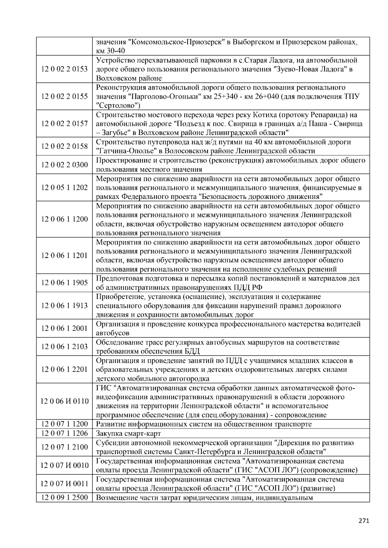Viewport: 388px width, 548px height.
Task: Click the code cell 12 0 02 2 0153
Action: coord(64,69)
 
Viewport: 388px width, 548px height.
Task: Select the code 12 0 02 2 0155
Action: coord(64,97)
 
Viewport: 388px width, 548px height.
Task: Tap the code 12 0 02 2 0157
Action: coord(64,124)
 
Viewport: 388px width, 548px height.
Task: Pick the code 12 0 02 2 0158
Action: coord(64,146)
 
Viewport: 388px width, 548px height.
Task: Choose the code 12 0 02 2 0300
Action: coord(64,165)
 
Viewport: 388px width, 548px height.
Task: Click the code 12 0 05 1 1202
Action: coord(64,188)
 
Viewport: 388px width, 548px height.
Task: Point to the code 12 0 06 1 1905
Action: coord(64,283)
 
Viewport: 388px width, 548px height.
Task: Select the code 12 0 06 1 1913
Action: coord(64,305)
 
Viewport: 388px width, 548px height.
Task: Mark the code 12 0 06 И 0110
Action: coord(64,401)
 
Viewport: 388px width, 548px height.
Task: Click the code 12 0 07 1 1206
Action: coord(64,433)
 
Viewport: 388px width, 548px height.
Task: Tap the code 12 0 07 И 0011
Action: coord(64,484)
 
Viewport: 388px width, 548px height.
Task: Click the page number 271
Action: coord(364,521)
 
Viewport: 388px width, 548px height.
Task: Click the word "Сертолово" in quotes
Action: coord(118,105)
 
